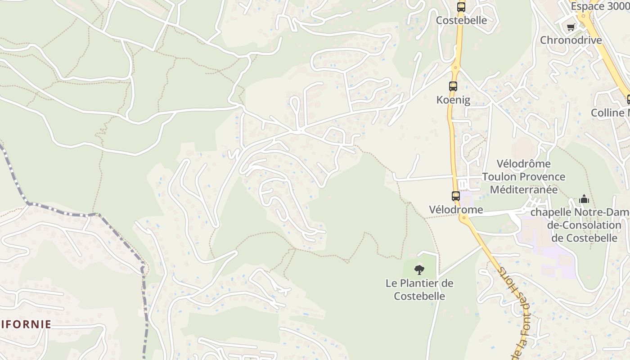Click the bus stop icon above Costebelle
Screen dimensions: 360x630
(x=461, y=7)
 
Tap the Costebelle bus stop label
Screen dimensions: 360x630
(x=461, y=20)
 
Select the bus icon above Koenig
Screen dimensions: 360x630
(x=453, y=86)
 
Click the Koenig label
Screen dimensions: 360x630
(x=453, y=100)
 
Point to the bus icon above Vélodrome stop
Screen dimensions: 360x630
(x=456, y=196)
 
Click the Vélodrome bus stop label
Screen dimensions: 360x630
(x=456, y=210)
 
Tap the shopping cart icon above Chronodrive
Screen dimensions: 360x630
(x=571, y=27)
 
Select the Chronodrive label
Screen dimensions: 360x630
(x=571, y=40)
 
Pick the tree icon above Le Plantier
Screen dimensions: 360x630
(x=419, y=270)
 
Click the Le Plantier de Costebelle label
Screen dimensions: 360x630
(x=419, y=290)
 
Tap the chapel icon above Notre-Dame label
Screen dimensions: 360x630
(x=584, y=199)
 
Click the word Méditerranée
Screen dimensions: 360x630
(x=524, y=189)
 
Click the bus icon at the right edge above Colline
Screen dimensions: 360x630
(x=628, y=99)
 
